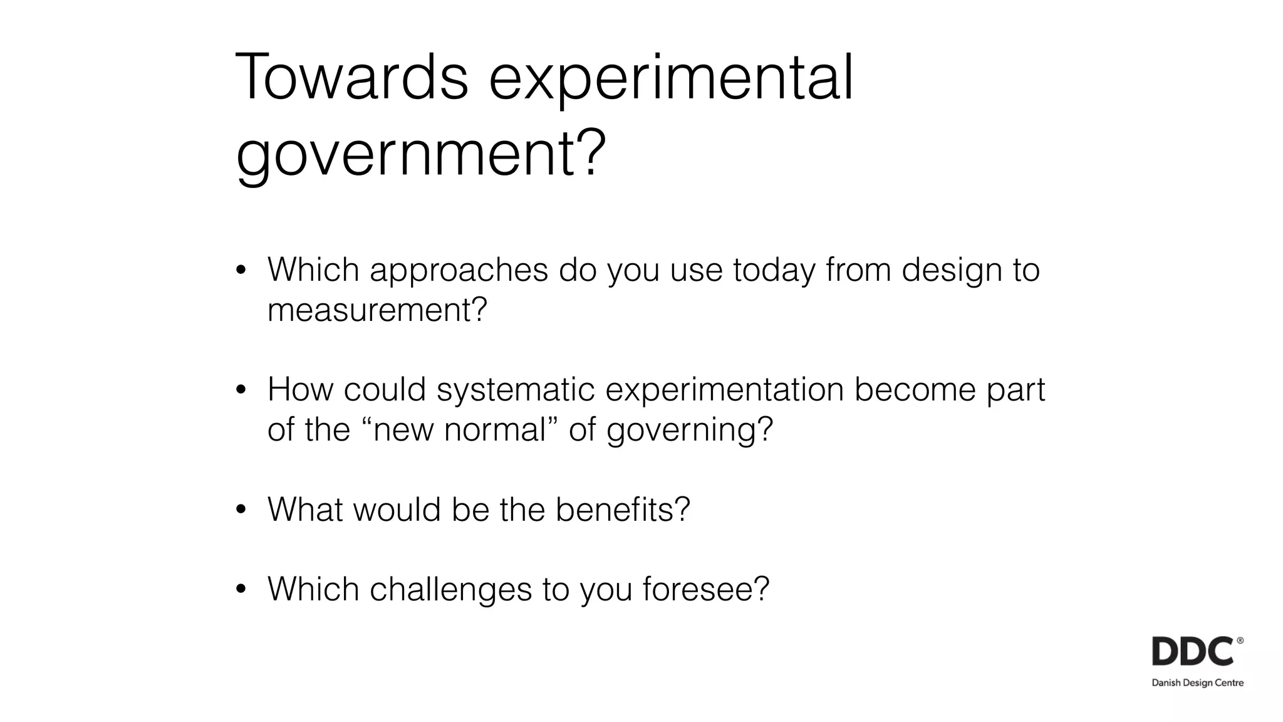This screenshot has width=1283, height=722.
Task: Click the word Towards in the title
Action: click(x=351, y=78)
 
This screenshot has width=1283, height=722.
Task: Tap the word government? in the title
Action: click(x=421, y=154)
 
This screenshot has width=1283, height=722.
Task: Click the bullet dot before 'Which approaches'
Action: click(x=241, y=271)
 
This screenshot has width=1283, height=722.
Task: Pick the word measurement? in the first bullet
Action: click(x=377, y=309)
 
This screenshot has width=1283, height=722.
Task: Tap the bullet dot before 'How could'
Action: click(x=241, y=390)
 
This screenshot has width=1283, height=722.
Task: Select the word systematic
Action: click(x=515, y=390)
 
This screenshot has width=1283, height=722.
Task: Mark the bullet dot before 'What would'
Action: click(x=241, y=510)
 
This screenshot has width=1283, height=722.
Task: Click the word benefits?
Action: click(x=622, y=509)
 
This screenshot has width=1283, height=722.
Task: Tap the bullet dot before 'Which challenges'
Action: click(x=241, y=590)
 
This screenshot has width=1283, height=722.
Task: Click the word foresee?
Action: click(x=705, y=589)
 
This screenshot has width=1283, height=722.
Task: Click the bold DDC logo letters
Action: click(x=1193, y=652)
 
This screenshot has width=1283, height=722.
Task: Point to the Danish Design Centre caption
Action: click(x=1197, y=683)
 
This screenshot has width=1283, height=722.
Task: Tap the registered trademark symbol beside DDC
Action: click(x=1240, y=641)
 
